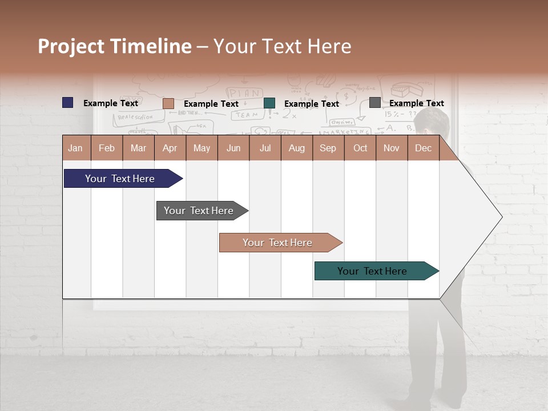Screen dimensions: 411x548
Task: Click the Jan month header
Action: [76, 148]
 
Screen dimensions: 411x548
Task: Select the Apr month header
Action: [170, 148]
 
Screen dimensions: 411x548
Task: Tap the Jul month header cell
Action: [265, 148]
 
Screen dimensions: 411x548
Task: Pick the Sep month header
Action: [328, 148]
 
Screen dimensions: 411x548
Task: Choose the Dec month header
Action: [423, 148]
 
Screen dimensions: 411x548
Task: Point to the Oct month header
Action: [360, 148]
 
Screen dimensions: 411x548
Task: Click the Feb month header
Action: [107, 148]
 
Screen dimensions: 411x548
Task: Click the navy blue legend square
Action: [68, 103]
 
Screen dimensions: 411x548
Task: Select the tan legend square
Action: [168, 103]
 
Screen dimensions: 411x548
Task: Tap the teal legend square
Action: [269, 103]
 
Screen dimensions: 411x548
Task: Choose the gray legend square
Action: [375, 103]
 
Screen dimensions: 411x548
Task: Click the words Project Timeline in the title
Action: [114, 46]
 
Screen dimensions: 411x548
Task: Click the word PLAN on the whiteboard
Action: [245, 93]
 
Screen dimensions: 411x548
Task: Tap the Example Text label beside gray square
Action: [416, 103]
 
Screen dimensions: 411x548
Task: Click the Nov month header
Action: [392, 148]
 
